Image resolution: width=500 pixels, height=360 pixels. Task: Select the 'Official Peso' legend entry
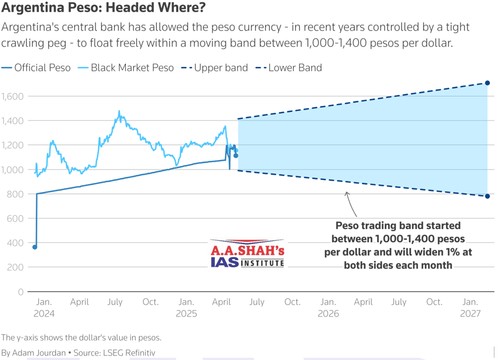[36, 68]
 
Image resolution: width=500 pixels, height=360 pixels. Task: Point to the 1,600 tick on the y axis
[12, 96]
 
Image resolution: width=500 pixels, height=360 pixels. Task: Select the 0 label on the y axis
[20, 291]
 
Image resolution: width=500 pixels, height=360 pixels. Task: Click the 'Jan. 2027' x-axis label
[470, 308]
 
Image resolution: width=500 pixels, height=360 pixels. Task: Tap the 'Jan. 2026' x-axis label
[328, 308]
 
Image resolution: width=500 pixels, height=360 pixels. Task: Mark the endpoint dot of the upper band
[487, 83]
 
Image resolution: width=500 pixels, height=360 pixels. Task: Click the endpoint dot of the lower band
[487, 196]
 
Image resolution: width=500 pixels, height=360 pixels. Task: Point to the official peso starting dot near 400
[35, 247]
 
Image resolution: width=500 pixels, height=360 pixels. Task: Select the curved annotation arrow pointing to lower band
[350, 203]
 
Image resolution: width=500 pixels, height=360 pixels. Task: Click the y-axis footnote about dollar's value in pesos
[81, 337]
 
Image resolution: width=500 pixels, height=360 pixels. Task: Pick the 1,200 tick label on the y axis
[12, 145]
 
